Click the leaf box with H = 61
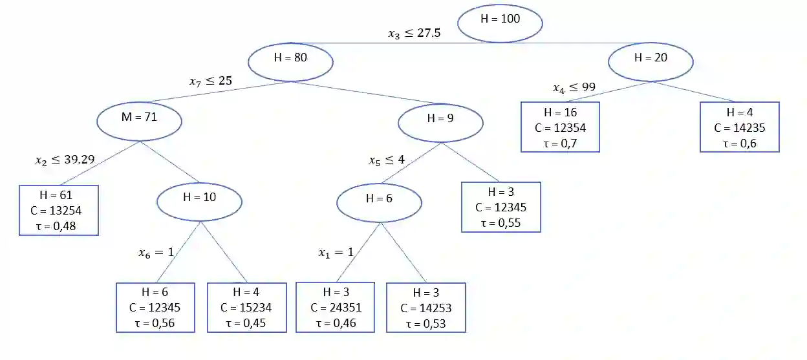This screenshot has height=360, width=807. point(59,210)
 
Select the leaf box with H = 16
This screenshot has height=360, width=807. point(561,127)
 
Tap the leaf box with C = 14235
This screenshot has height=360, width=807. point(739,127)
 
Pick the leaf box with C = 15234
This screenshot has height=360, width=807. point(246,307)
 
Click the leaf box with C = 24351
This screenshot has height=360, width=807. point(335,307)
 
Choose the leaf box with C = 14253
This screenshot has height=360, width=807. point(425,308)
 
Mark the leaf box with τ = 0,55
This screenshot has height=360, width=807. point(500,207)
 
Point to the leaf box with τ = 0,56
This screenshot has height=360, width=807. point(155,307)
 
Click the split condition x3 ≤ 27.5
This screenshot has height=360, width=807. point(414,33)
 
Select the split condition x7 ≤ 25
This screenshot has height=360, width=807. point(210,81)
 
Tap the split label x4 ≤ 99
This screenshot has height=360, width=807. point(574,87)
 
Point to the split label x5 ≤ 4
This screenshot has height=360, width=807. point(387,160)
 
